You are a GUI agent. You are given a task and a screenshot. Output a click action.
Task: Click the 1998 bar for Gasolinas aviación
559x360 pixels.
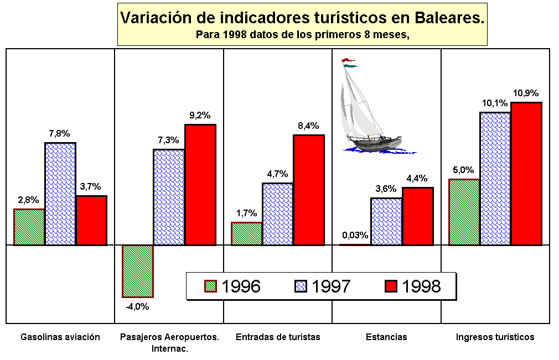(x=91, y=220)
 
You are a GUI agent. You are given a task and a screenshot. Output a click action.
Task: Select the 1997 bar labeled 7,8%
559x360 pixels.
(x=60, y=194)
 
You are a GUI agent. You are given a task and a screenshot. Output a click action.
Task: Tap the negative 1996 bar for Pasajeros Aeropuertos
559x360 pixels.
(x=137, y=271)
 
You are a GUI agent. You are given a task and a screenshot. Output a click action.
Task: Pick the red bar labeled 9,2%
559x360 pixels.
(x=200, y=184)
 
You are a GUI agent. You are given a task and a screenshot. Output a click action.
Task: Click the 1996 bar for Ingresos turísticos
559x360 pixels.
(x=464, y=212)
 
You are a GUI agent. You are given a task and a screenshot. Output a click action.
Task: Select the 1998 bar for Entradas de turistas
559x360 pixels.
(x=308, y=189)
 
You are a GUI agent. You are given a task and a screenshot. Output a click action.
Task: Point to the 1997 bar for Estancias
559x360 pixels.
(x=386, y=221)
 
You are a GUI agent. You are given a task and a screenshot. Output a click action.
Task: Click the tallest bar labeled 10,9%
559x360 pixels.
(x=526, y=173)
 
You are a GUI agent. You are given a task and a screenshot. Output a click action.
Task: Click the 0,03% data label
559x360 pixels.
(x=355, y=235)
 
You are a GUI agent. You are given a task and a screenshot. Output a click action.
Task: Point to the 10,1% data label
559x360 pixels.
(x=494, y=103)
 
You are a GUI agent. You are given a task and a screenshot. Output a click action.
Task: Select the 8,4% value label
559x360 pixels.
(x=308, y=126)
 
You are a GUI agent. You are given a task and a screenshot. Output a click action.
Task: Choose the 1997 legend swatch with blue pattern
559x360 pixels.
(x=301, y=286)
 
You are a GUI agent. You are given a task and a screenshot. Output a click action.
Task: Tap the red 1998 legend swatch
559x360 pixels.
(x=391, y=286)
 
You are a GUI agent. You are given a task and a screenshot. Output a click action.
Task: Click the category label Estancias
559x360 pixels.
(x=386, y=337)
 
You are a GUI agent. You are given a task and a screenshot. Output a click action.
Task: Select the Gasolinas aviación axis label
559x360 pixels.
(x=60, y=337)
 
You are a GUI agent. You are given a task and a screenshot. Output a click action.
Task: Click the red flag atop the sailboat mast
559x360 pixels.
(x=347, y=60)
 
